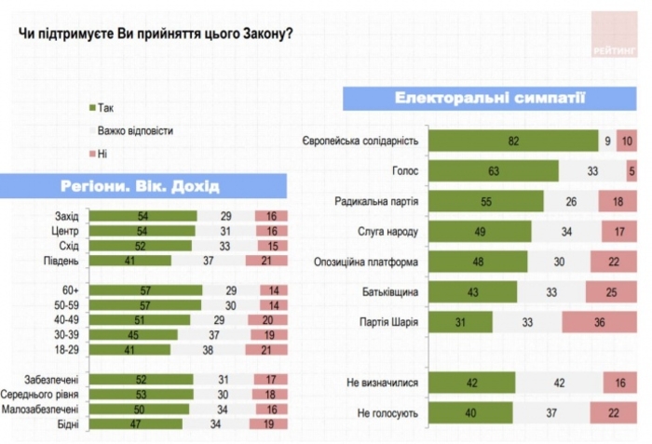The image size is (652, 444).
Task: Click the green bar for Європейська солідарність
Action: [512, 141]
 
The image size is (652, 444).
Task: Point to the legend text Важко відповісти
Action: [135, 131]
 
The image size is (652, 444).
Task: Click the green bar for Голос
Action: [493, 171]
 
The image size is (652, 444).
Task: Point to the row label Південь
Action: [61, 261]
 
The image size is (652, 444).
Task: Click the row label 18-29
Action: [64, 349]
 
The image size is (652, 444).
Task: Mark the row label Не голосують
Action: [387, 413]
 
